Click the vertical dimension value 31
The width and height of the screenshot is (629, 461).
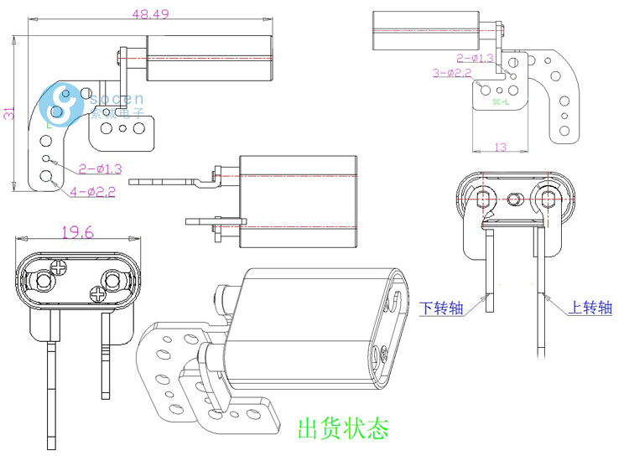[x=9, y=112]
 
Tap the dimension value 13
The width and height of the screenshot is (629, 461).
[x=500, y=148]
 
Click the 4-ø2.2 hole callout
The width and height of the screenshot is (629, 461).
[x=92, y=191]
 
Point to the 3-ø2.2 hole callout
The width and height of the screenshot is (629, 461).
[x=453, y=73]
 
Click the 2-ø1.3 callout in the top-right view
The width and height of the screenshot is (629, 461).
[x=476, y=58]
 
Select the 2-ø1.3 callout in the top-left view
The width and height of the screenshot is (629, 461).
[x=101, y=168]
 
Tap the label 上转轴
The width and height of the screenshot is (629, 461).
[x=590, y=308]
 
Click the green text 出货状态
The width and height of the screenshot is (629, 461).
[x=343, y=430]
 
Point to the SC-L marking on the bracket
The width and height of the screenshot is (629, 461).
[x=502, y=104]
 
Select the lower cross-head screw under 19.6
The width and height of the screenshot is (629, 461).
[x=97, y=294]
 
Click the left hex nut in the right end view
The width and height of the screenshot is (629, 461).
[x=484, y=199]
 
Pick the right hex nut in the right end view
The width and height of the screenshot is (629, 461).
[x=550, y=199]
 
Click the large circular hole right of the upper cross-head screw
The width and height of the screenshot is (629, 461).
[x=112, y=277]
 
